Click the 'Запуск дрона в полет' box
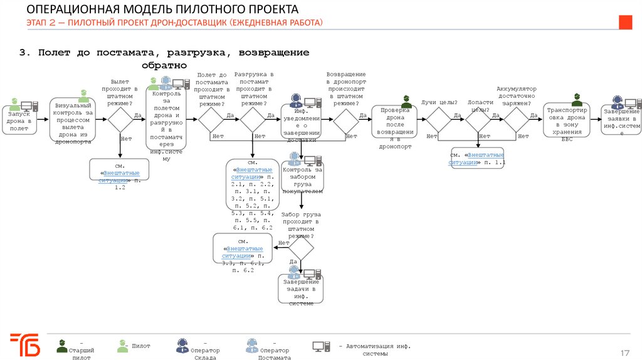pos(19,120)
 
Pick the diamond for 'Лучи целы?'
pos(439,119)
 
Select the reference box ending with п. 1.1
pos(477,159)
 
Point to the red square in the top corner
pos(626,22)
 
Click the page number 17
pos(624,351)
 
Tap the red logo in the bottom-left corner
pos(26,346)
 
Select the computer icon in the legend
pos(321,346)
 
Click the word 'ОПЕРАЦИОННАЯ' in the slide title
pos(66,10)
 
